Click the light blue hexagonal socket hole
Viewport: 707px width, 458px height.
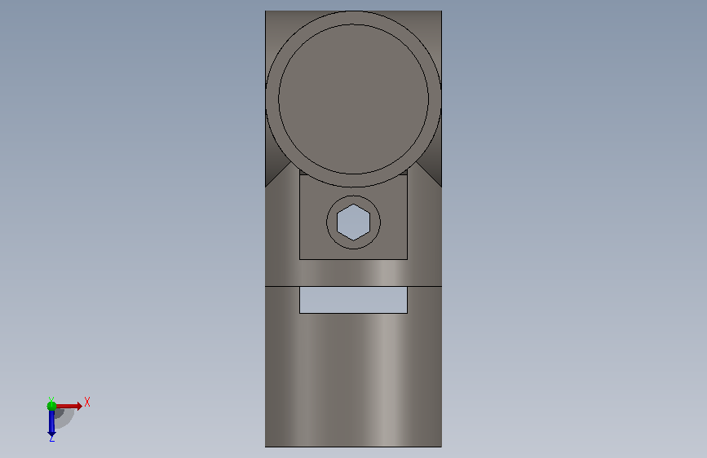tap(354, 222)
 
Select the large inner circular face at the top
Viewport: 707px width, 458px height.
tap(354, 99)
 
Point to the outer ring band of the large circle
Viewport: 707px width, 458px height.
tap(272, 99)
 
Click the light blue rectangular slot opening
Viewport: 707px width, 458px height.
tap(354, 300)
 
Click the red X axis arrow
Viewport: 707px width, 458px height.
tap(68, 406)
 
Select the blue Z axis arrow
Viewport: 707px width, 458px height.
tap(51, 423)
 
